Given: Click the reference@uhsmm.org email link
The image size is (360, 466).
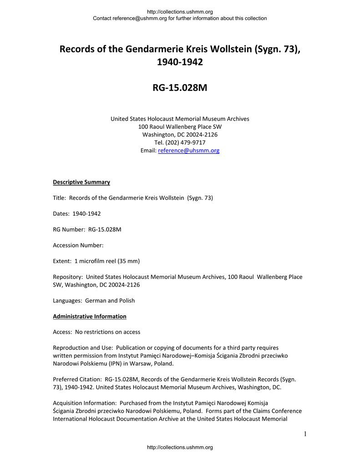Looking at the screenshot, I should tap(188, 151).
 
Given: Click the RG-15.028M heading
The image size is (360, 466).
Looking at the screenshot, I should tap(180, 87).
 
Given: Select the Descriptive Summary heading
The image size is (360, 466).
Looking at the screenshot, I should tap(81, 182).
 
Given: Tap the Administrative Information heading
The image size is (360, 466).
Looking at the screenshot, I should tap(90, 316).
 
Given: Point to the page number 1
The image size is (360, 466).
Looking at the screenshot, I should tap(305, 434).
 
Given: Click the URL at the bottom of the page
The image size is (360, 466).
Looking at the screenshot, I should tap(180, 447).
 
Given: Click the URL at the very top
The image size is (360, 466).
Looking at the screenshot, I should tap(180, 12).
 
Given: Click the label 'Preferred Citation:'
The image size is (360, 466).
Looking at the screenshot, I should tap(77, 379).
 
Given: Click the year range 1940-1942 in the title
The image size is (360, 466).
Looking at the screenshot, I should tap(180, 62).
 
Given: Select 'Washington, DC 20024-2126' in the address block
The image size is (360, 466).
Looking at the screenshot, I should tap(180, 135).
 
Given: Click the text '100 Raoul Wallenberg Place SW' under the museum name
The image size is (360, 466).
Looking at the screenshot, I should tap(180, 127).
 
